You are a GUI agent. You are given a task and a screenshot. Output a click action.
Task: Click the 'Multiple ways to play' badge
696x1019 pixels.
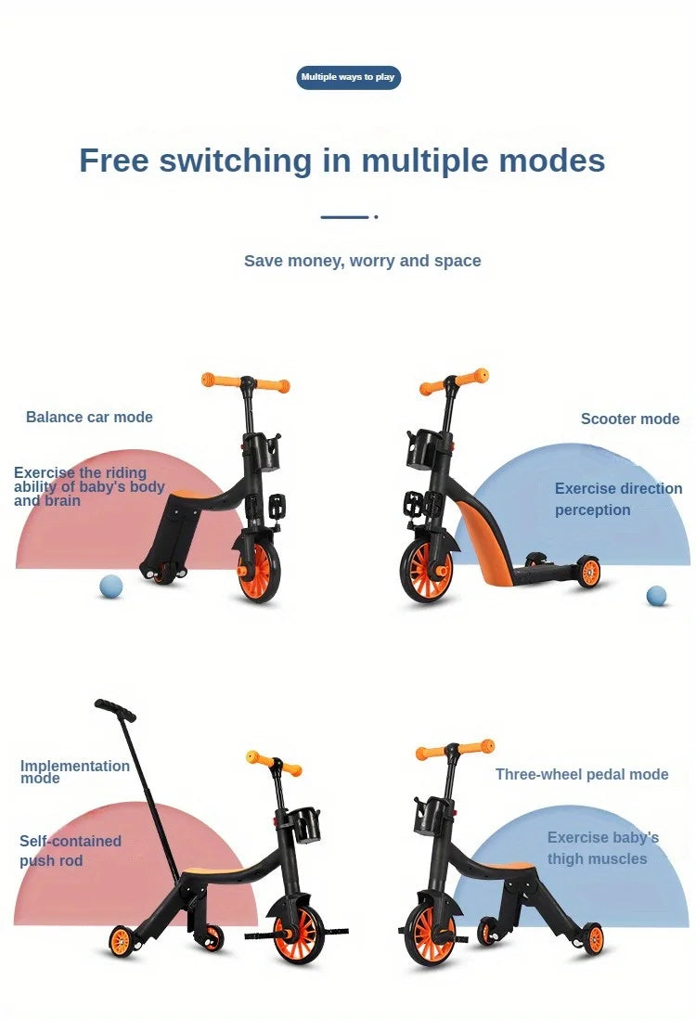pos(348,77)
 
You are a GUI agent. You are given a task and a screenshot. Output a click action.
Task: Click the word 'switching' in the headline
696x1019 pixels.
pos(236,161)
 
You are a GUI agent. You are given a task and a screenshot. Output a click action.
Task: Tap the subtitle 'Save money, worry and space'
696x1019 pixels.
pos(362,261)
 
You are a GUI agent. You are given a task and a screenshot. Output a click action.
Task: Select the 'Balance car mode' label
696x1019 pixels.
pos(89,417)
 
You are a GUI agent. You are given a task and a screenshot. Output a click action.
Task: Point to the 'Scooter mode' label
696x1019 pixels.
pos(630,419)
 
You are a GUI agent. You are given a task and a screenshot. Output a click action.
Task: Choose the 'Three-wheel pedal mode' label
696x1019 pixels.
pos(582,774)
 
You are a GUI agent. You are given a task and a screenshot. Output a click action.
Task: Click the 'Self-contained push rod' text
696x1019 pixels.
pos(70,850)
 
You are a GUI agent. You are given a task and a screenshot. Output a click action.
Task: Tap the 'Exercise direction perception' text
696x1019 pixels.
pos(618,498)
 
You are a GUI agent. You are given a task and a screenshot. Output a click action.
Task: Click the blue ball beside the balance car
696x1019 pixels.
pos(111,587)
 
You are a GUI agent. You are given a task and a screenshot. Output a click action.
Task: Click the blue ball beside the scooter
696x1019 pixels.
pos(657,596)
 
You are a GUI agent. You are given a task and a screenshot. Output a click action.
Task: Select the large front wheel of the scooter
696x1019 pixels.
pos(428,569)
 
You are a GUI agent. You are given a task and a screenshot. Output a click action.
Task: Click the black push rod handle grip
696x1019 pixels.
pos(115,710)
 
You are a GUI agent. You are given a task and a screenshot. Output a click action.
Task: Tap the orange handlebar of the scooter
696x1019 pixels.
pos(454,382)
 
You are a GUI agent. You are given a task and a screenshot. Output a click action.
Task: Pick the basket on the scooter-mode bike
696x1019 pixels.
pos(422,449)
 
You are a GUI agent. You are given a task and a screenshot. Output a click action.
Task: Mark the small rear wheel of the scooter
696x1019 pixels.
pos(588,573)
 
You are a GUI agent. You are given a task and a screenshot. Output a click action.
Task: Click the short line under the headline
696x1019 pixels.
pos(345,217)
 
